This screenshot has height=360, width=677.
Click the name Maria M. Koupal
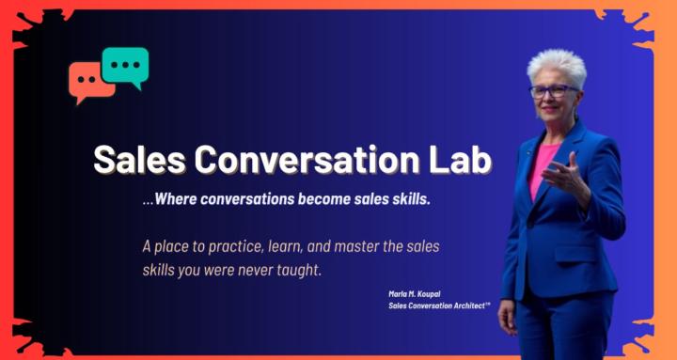coord(414,293)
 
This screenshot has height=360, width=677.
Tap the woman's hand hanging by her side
coord(509,318)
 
